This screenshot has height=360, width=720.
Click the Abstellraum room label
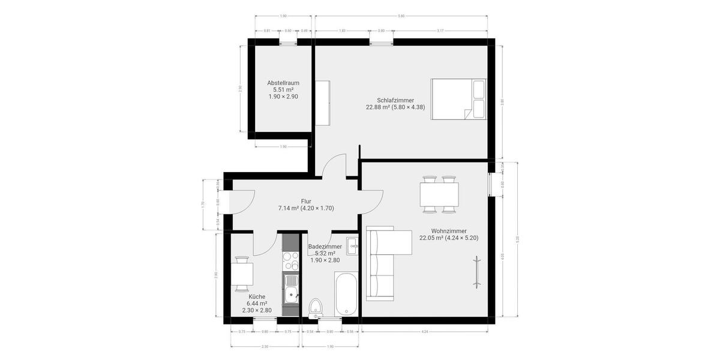coord(283,83)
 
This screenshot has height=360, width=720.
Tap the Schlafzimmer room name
coord(395,100)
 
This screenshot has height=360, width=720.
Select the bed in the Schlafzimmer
coord(458,100)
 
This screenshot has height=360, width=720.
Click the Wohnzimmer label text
coord(449,230)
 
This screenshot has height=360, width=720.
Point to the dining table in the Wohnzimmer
coord(439,194)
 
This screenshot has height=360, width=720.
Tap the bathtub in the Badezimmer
coord(347,293)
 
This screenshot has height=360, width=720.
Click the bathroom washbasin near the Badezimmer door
coord(353,245)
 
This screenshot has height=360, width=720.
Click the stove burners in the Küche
coord(291,260)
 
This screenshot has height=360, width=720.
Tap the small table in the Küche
coord(242,275)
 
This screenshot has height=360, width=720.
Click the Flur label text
coord(306,201)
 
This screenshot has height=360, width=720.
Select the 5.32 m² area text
coord(325,253)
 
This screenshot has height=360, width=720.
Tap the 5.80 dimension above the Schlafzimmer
coord(401,16)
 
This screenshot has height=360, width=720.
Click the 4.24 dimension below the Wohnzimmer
coord(425,331)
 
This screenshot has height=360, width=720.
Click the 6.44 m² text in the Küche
coord(257,304)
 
